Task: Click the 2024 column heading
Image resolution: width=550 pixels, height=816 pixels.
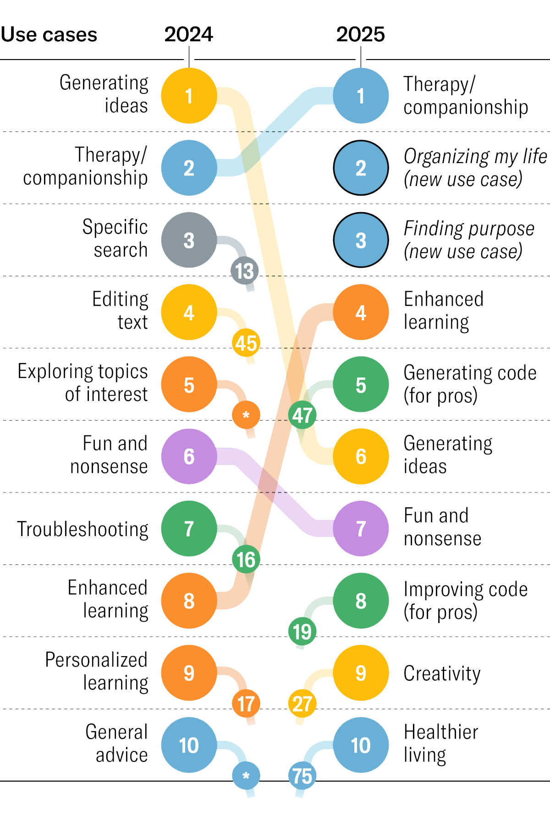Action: (x=189, y=34)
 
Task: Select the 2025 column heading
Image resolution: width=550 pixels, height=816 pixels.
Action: (x=361, y=34)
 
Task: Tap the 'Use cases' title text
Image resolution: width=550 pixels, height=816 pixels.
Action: (x=49, y=34)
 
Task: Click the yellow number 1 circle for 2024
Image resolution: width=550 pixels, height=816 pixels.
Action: (x=189, y=96)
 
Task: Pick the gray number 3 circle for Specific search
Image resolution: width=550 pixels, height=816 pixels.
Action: (x=189, y=240)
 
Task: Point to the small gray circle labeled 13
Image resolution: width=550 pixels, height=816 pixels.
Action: (x=245, y=271)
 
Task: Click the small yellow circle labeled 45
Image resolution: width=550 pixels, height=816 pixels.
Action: (x=246, y=343)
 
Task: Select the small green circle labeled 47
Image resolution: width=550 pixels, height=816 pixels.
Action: (x=302, y=415)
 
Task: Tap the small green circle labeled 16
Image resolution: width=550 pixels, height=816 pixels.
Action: (x=246, y=559)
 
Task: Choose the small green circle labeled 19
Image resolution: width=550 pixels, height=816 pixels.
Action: (x=302, y=631)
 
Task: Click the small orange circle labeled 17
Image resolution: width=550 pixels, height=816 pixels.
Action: (x=246, y=704)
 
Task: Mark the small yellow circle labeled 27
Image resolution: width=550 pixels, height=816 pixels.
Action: (x=302, y=704)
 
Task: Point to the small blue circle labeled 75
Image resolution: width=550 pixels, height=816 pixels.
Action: (x=302, y=776)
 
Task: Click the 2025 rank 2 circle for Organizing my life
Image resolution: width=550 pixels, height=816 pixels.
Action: (x=361, y=168)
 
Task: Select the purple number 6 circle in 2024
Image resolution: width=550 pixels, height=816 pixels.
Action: (x=189, y=456)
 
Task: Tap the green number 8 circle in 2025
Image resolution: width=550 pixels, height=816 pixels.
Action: (x=361, y=601)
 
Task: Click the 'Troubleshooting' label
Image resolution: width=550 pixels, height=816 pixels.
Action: (x=83, y=529)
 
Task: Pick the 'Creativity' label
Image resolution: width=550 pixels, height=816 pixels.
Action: (x=442, y=674)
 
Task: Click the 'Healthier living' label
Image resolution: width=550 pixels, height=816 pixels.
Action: (x=441, y=743)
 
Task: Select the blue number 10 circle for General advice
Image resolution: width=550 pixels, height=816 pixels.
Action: (x=189, y=745)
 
